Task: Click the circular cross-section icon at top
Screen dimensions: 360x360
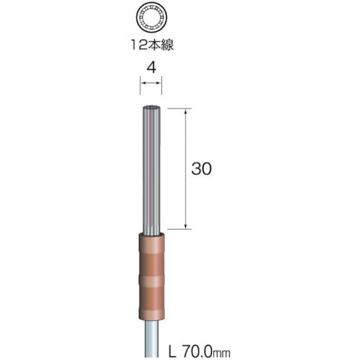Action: coord(151,18)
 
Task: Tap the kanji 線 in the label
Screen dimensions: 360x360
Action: coord(167,45)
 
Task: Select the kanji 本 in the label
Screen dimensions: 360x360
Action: coord(153,45)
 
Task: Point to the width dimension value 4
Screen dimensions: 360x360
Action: coord(151,67)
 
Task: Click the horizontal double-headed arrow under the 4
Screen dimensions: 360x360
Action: coord(151,83)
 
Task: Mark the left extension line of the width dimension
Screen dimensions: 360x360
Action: coord(140,86)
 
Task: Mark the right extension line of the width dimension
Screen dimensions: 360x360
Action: coord(161,86)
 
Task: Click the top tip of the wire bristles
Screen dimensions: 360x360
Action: coord(151,106)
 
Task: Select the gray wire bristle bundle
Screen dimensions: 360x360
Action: coord(151,170)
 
